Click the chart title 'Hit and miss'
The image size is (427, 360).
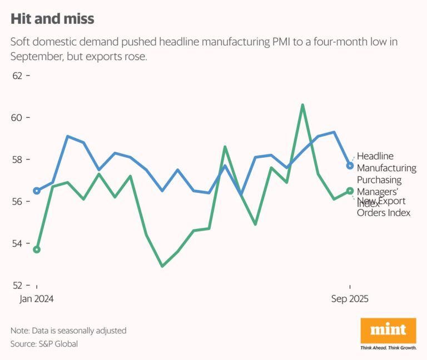click(x=52, y=19)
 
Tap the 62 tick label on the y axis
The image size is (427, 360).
click(x=18, y=76)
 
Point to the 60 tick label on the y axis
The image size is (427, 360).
click(x=18, y=118)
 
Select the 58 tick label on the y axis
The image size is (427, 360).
click(x=18, y=159)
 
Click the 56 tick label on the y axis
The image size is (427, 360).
click(x=18, y=202)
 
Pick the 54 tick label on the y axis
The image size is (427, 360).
click(x=18, y=243)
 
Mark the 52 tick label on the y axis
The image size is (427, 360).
click(x=18, y=286)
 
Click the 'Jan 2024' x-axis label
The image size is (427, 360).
click(x=37, y=299)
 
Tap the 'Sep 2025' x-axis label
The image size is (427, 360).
click(x=350, y=299)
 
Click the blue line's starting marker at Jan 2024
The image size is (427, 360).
click(x=37, y=191)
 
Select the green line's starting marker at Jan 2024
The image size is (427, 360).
click(x=37, y=249)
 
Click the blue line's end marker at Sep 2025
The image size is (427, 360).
click(x=350, y=166)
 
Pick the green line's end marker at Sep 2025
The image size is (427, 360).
click(x=350, y=191)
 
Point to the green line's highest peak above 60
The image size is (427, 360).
click(x=302, y=104)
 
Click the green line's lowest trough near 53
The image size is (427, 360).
click(x=162, y=266)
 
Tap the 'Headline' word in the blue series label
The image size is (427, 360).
click(x=375, y=156)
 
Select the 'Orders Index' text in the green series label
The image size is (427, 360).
click(x=383, y=213)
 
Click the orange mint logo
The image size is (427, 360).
click(x=388, y=331)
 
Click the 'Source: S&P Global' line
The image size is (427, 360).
click(x=44, y=344)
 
